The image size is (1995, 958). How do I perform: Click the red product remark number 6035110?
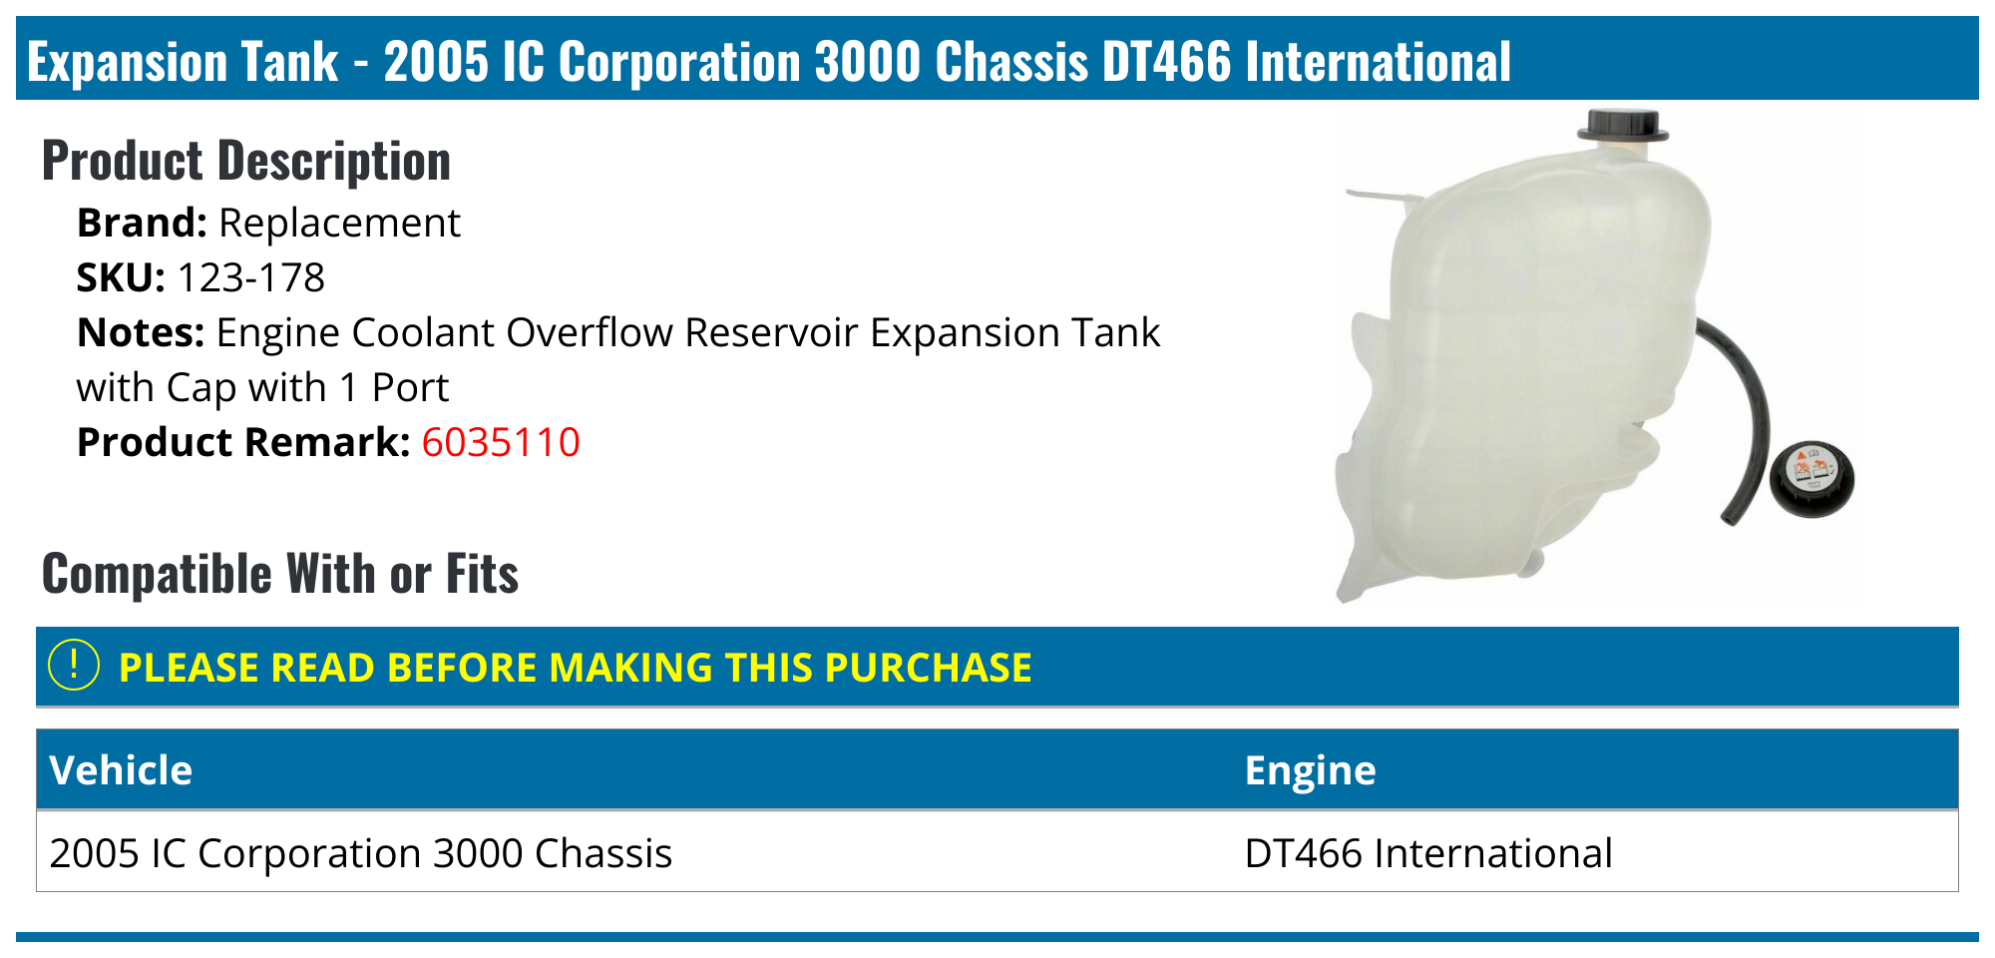tap(500, 442)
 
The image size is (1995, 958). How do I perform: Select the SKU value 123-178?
tap(250, 277)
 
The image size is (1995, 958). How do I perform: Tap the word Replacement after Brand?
tap(339, 223)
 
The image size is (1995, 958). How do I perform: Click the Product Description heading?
tap(246, 161)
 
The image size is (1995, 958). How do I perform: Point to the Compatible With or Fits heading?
tap(280, 574)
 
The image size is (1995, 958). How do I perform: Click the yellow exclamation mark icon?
tap(74, 666)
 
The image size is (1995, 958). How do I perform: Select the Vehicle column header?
tap(121, 770)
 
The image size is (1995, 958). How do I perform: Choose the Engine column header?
tap(1310, 770)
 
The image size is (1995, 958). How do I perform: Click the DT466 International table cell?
tap(1428, 853)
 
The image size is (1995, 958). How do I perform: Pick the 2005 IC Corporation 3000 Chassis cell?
tap(360, 853)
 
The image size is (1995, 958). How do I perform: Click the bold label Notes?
tap(141, 332)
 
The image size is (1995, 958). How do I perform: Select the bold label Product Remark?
tap(243, 442)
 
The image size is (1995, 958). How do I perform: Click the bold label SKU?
tap(121, 277)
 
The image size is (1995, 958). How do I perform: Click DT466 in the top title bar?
tap(1167, 62)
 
